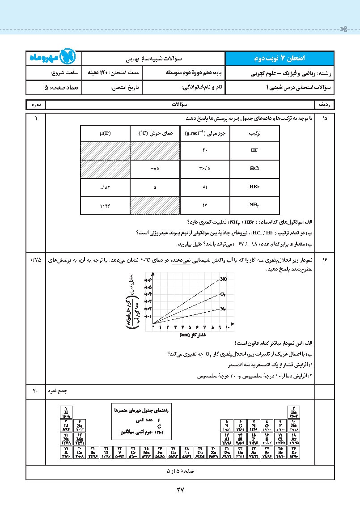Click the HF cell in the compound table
pos(254,151)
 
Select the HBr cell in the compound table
pos(254,187)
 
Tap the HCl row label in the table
pos(254,169)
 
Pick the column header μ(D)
pos(106,133)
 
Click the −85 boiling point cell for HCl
pos(155,169)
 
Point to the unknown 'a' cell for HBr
pos(155,187)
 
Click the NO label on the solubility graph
pos(224,279)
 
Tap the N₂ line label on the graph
pos(223,309)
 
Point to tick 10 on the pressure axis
pos(227,327)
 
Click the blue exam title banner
pos(279,58)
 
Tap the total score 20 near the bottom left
pos(36,391)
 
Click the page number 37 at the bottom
pos(180,490)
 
